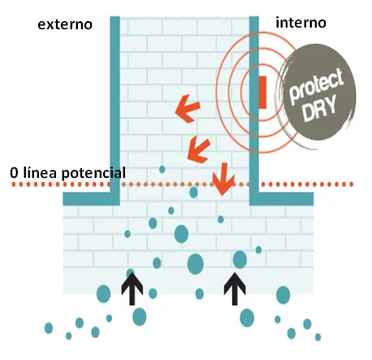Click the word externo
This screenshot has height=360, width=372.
coord(65,24)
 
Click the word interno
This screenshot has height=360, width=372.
coord(301,23)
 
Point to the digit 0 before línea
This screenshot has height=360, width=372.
coord(14,173)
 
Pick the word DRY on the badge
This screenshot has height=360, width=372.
coord(319,109)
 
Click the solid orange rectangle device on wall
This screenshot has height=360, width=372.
coord(262,93)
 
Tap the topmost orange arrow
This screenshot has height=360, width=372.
coord(188,108)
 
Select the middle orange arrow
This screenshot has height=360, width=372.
coord(199,151)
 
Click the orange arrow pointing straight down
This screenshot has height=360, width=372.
coord(223,179)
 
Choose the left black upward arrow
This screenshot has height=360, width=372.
coord(132,288)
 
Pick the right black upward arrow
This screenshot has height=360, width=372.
coord(235,288)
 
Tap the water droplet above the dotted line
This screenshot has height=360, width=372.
coord(162,169)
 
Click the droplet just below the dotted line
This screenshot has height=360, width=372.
coord(193,193)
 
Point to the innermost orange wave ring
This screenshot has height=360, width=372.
coord(241,93)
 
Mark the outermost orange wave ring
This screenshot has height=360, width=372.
coord(217,93)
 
